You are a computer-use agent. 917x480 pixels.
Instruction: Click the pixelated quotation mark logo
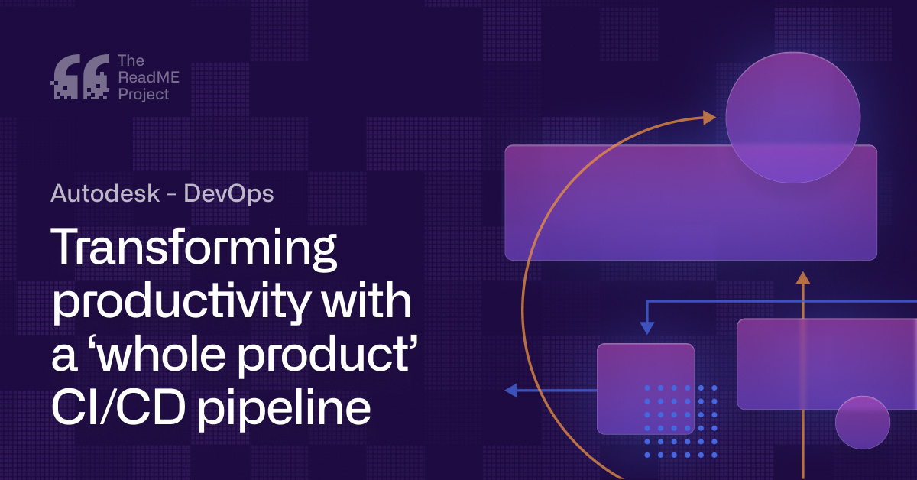tap(79, 77)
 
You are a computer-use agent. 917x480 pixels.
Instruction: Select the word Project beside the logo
tap(143, 95)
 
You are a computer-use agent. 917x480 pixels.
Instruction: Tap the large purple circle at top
tap(792, 117)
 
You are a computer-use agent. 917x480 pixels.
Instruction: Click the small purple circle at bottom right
tap(862, 423)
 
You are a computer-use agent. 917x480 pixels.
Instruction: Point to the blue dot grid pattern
tap(681, 421)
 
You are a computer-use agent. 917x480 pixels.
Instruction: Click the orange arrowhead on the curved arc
tap(709, 118)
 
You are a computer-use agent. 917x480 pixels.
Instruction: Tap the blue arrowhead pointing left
tap(510, 391)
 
